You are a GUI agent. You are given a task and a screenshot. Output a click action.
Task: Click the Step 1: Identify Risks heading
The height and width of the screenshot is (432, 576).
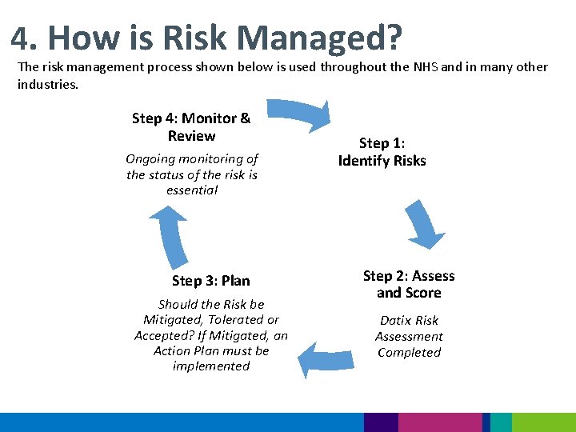click(382, 152)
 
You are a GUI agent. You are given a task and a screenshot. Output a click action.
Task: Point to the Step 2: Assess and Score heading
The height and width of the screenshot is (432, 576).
click(408, 284)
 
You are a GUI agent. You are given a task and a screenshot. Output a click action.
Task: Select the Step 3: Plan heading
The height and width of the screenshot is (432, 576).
click(210, 281)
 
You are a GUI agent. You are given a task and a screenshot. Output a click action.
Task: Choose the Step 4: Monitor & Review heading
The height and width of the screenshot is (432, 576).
click(191, 127)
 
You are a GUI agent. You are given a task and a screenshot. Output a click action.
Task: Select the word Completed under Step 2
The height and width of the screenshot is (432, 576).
click(409, 353)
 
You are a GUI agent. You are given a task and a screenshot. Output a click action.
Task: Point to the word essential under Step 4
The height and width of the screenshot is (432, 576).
click(192, 190)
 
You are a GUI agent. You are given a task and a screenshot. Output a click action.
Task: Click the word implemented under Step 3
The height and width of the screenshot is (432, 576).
click(211, 366)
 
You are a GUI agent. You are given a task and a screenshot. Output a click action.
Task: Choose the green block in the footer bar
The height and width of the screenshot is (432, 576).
click(543, 422)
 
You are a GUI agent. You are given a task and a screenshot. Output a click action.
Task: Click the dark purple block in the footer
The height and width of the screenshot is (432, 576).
click(380, 422)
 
